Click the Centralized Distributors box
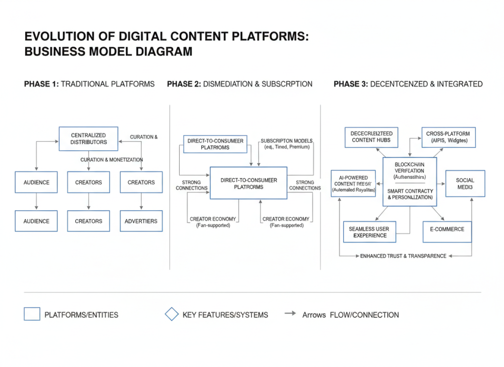pos(89,139)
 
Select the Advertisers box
pos(141,221)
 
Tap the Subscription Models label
pos(286,143)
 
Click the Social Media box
pos(465,184)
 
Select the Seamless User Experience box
pos(370,232)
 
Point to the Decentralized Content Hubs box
pos(371,137)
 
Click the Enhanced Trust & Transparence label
pos(403,256)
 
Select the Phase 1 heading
pos(89,84)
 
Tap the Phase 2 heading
pos(239,84)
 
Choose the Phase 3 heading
pos(408,84)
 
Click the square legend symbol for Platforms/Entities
pos(32,314)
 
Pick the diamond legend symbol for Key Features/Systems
pos(171,314)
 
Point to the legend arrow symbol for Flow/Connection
pos(290,313)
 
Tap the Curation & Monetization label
pos(112,160)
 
